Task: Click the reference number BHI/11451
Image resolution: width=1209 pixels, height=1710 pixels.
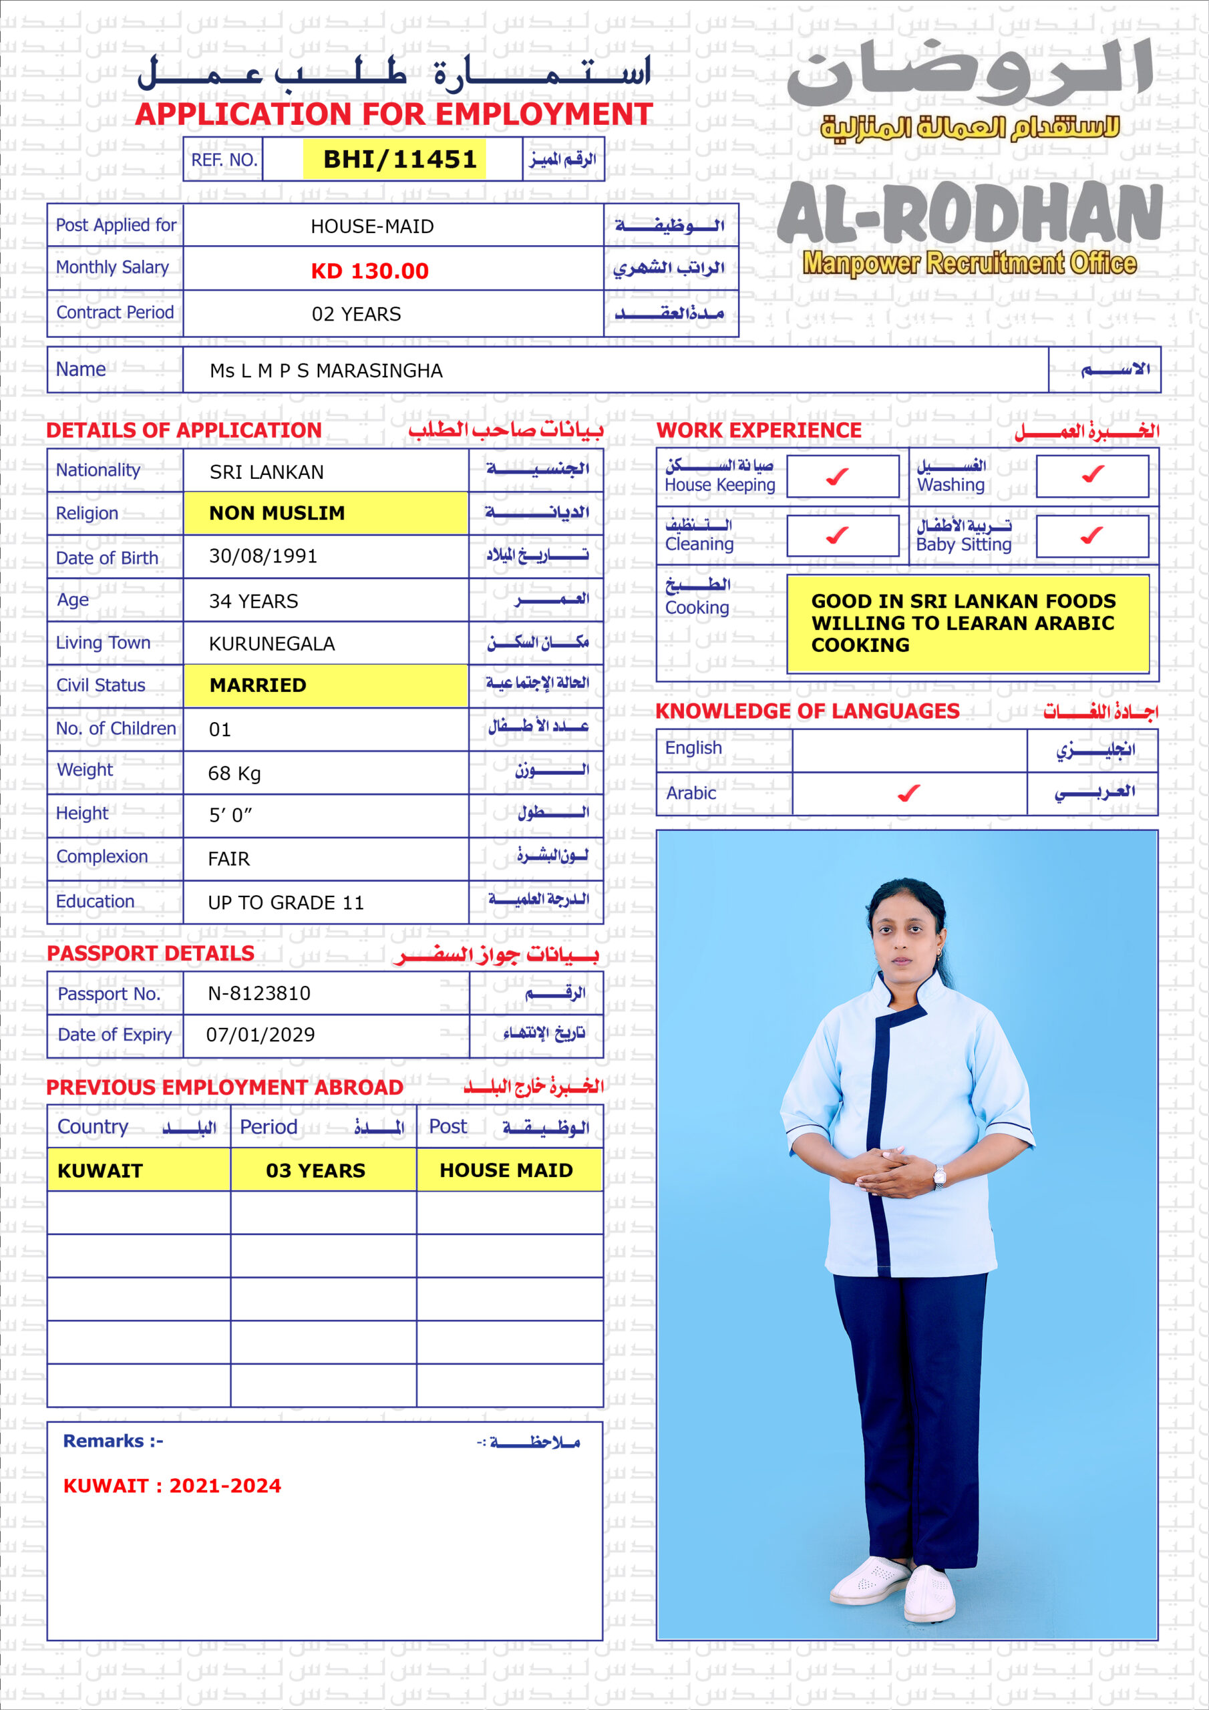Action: pos(399,160)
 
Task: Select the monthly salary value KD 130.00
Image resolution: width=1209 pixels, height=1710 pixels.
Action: pos(369,271)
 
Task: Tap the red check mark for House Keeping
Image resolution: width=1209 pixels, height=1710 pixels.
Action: pos(838,476)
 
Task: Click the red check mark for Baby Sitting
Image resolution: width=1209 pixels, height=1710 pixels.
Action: pos(1091,535)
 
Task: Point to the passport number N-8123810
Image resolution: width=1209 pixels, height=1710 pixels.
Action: pos(258,993)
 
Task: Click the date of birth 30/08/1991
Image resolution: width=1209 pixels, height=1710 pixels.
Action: pos(263,556)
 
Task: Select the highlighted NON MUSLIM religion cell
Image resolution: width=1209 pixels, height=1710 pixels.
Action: pos(277,513)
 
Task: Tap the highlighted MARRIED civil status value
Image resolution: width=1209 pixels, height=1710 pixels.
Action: pos(258,685)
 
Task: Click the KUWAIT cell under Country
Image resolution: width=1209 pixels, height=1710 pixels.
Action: pos(100,1171)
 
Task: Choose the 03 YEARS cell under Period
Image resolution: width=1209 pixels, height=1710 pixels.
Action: pos(316,1171)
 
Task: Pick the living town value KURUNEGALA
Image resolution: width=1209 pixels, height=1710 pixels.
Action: pos(272,643)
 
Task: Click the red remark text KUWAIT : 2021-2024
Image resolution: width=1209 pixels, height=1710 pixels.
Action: pos(172,1486)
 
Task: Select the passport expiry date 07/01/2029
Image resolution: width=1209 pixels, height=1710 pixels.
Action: pos(260,1035)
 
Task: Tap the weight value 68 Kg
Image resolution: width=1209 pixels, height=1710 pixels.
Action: pos(234,773)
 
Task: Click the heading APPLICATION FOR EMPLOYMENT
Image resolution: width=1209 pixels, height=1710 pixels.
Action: pos(394,114)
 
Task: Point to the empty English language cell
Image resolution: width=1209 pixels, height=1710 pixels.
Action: pos(909,750)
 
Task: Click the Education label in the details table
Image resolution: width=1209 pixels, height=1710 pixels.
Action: pos(96,901)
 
